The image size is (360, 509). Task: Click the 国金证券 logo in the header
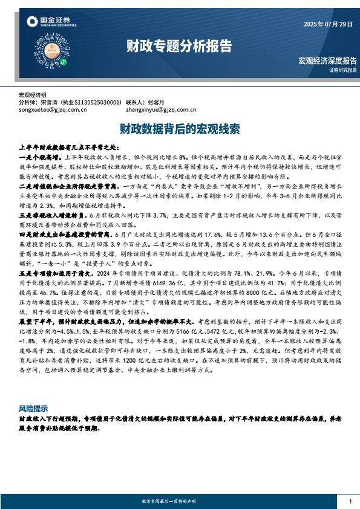51,22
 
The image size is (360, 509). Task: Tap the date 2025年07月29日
327,24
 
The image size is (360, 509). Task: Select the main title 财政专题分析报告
179,46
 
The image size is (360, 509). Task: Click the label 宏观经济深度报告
327,61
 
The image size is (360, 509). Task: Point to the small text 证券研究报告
343,70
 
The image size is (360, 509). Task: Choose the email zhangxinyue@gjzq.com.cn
161,110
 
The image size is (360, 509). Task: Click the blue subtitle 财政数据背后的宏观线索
180,129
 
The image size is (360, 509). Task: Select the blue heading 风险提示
33,409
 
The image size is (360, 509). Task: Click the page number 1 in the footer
350,501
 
